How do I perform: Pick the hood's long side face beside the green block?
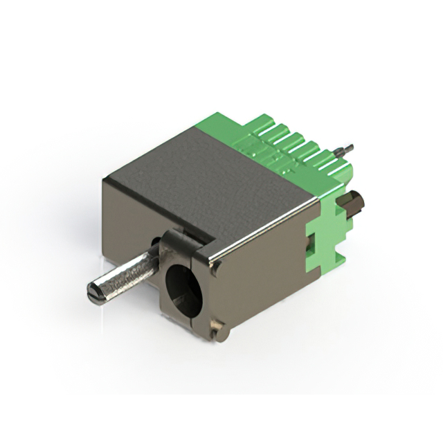(x=263, y=277)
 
